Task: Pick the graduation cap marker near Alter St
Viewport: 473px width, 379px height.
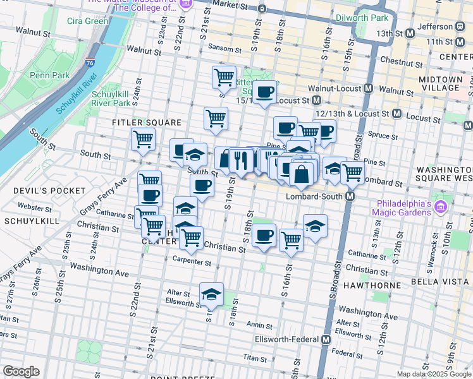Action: (x=211, y=294)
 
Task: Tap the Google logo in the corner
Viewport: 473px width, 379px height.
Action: (x=21, y=371)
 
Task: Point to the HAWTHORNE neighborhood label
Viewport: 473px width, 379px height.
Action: (x=372, y=286)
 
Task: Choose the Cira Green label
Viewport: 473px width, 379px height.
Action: (x=87, y=21)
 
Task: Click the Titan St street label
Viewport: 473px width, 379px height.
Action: (x=255, y=358)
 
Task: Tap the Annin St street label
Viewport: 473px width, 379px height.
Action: (x=259, y=325)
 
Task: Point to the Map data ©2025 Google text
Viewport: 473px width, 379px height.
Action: (x=434, y=374)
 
